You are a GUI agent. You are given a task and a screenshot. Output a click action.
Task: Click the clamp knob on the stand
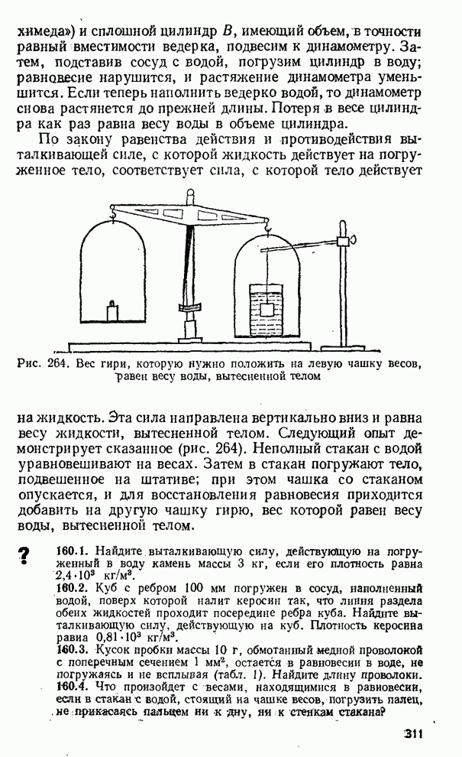point(353,241)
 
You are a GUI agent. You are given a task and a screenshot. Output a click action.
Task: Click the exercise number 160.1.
point(73,551)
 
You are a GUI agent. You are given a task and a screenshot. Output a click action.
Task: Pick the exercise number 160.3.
point(73,650)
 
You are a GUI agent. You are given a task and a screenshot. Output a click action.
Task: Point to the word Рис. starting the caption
point(28,364)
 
